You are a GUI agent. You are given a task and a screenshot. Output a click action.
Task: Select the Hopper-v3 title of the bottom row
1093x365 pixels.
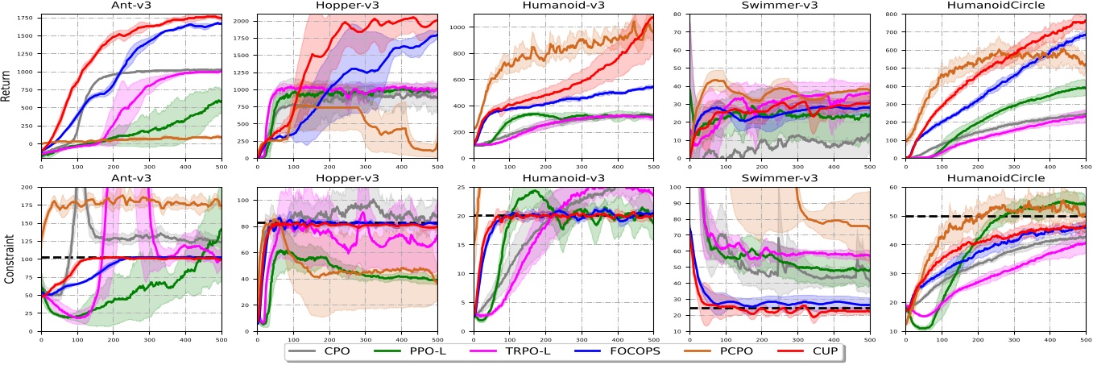point(346,179)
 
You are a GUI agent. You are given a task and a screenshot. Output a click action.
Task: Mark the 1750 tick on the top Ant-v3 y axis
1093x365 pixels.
point(26,16)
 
